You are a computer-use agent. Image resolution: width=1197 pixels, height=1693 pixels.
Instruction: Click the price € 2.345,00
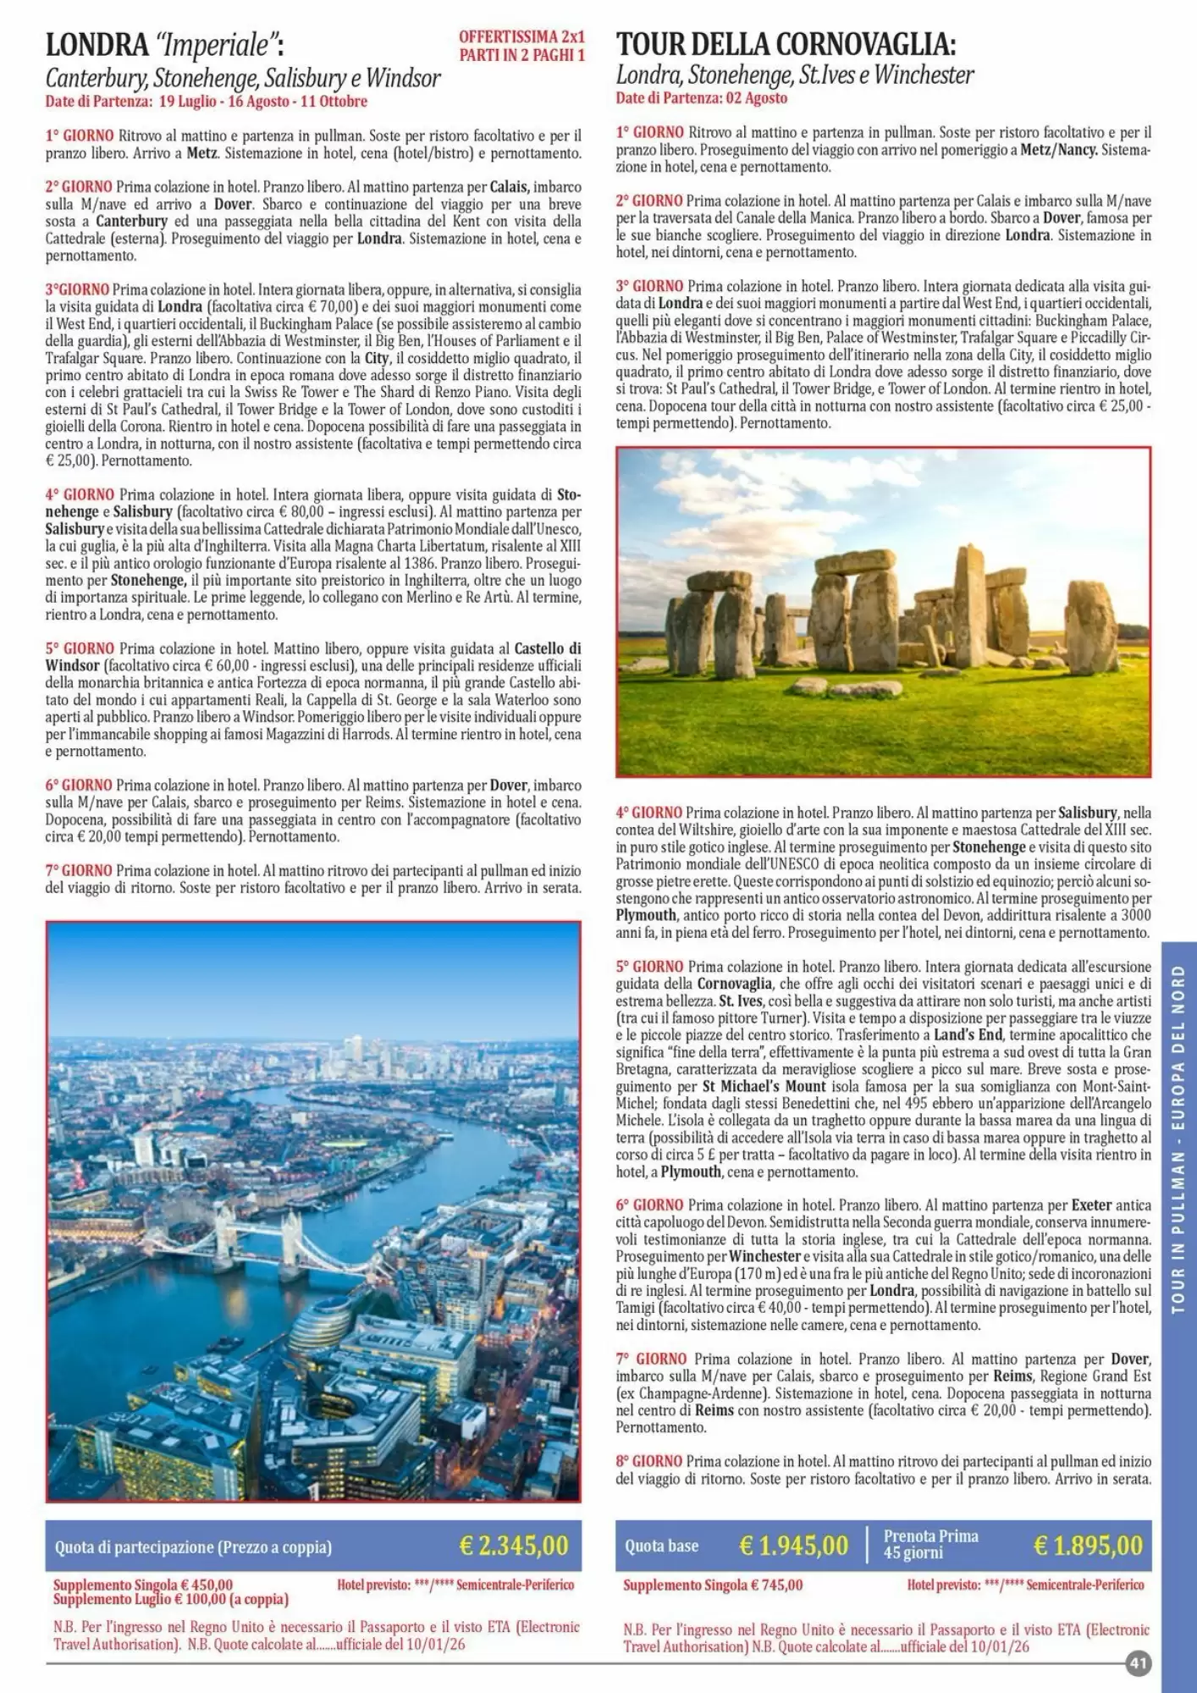point(513,1546)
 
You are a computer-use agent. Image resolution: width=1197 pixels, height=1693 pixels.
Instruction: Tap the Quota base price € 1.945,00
point(793,1546)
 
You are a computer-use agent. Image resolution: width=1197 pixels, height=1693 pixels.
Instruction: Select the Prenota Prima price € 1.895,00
point(1088,1546)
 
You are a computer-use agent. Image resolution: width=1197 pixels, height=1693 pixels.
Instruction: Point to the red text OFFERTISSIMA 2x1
point(521,37)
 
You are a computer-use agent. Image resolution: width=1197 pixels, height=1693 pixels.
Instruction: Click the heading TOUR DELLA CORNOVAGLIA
point(786,44)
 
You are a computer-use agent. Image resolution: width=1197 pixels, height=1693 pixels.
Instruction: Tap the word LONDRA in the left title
point(97,44)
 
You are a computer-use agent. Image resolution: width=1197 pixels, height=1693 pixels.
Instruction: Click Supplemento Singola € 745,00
point(713,1585)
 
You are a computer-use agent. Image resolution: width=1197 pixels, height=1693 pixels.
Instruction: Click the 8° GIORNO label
point(648,1461)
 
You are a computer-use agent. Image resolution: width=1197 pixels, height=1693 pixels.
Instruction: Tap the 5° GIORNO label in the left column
point(79,648)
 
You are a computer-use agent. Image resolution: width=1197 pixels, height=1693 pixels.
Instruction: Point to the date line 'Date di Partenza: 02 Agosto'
point(702,98)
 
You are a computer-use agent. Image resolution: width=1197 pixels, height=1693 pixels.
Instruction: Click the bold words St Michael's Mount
point(764,1086)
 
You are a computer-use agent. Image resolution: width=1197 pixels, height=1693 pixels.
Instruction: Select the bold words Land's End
point(968,1034)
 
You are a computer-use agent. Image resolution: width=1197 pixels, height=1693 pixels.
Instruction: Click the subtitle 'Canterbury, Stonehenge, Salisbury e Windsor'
point(243,80)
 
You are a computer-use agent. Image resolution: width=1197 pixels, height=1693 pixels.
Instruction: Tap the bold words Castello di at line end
point(548,648)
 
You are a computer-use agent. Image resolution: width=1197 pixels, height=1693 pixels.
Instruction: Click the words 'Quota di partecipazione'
point(133,1547)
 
